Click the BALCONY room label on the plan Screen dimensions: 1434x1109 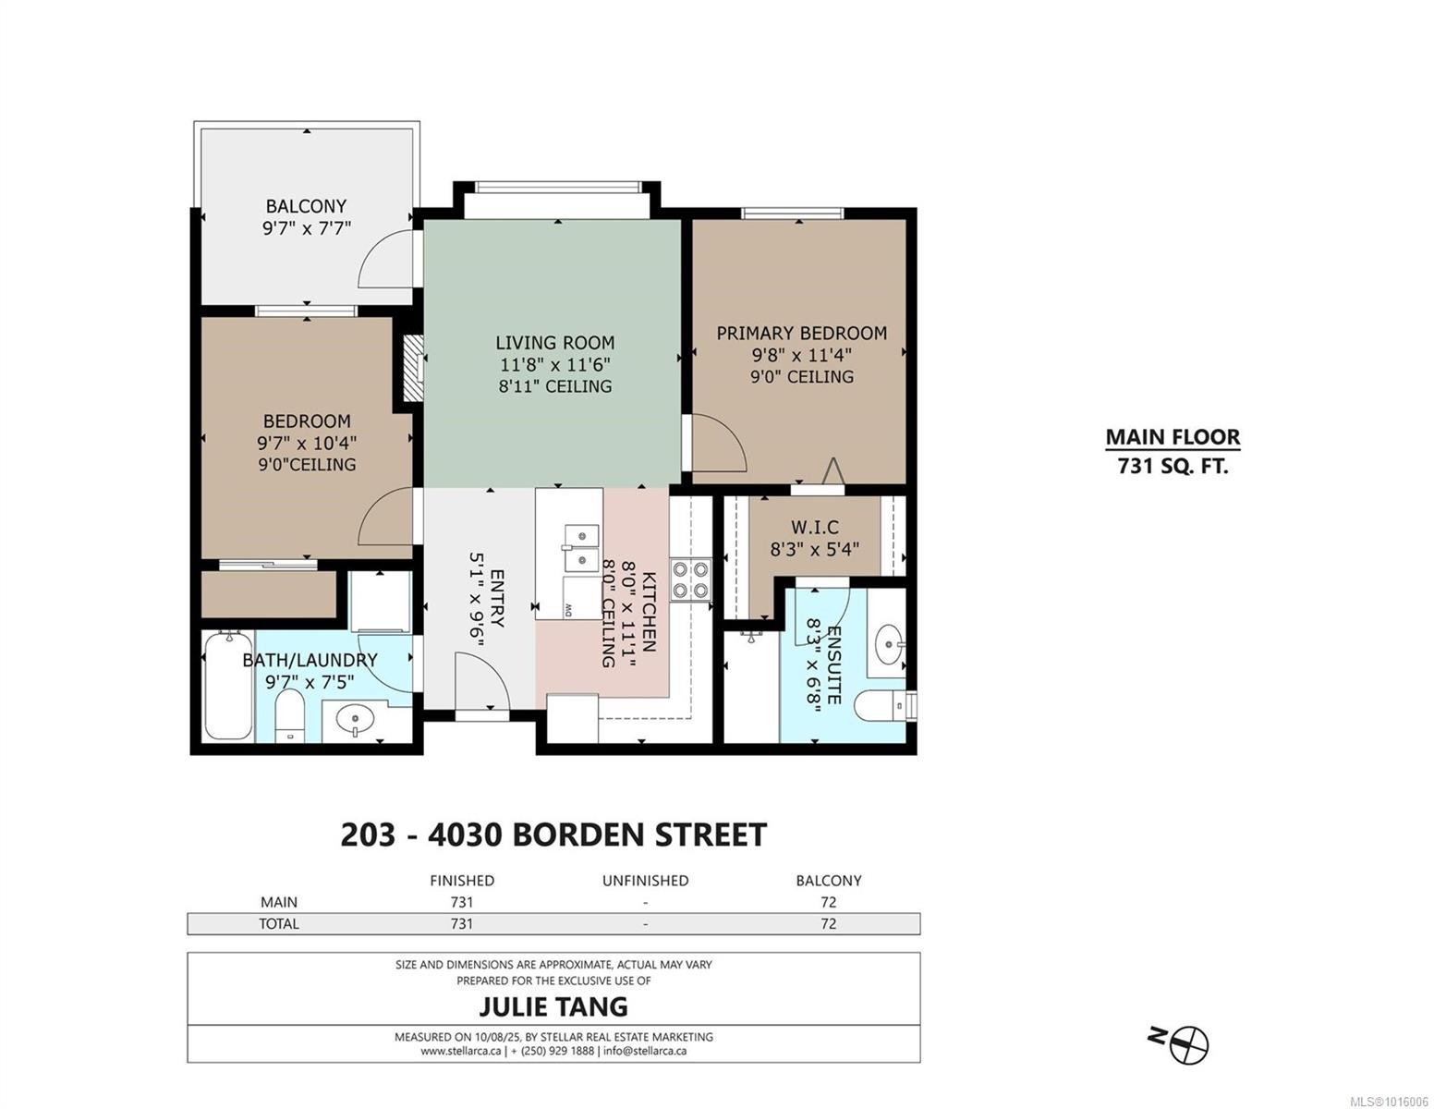(306, 206)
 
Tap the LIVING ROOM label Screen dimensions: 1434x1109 (555, 343)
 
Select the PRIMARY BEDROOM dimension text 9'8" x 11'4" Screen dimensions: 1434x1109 (802, 355)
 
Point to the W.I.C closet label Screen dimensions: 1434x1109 (815, 527)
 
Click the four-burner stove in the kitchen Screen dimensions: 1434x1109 (691, 579)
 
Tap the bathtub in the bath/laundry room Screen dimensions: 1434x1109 (228, 686)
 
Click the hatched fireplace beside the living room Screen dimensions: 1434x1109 (413, 368)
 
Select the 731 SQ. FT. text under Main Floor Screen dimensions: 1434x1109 (1173, 467)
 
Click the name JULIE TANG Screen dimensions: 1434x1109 (553, 1006)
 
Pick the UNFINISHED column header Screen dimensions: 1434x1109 (646, 881)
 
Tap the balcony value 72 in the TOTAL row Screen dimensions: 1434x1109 (828, 923)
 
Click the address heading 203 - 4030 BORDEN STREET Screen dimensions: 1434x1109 (553, 835)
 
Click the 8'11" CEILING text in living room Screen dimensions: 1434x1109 (555, 386)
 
